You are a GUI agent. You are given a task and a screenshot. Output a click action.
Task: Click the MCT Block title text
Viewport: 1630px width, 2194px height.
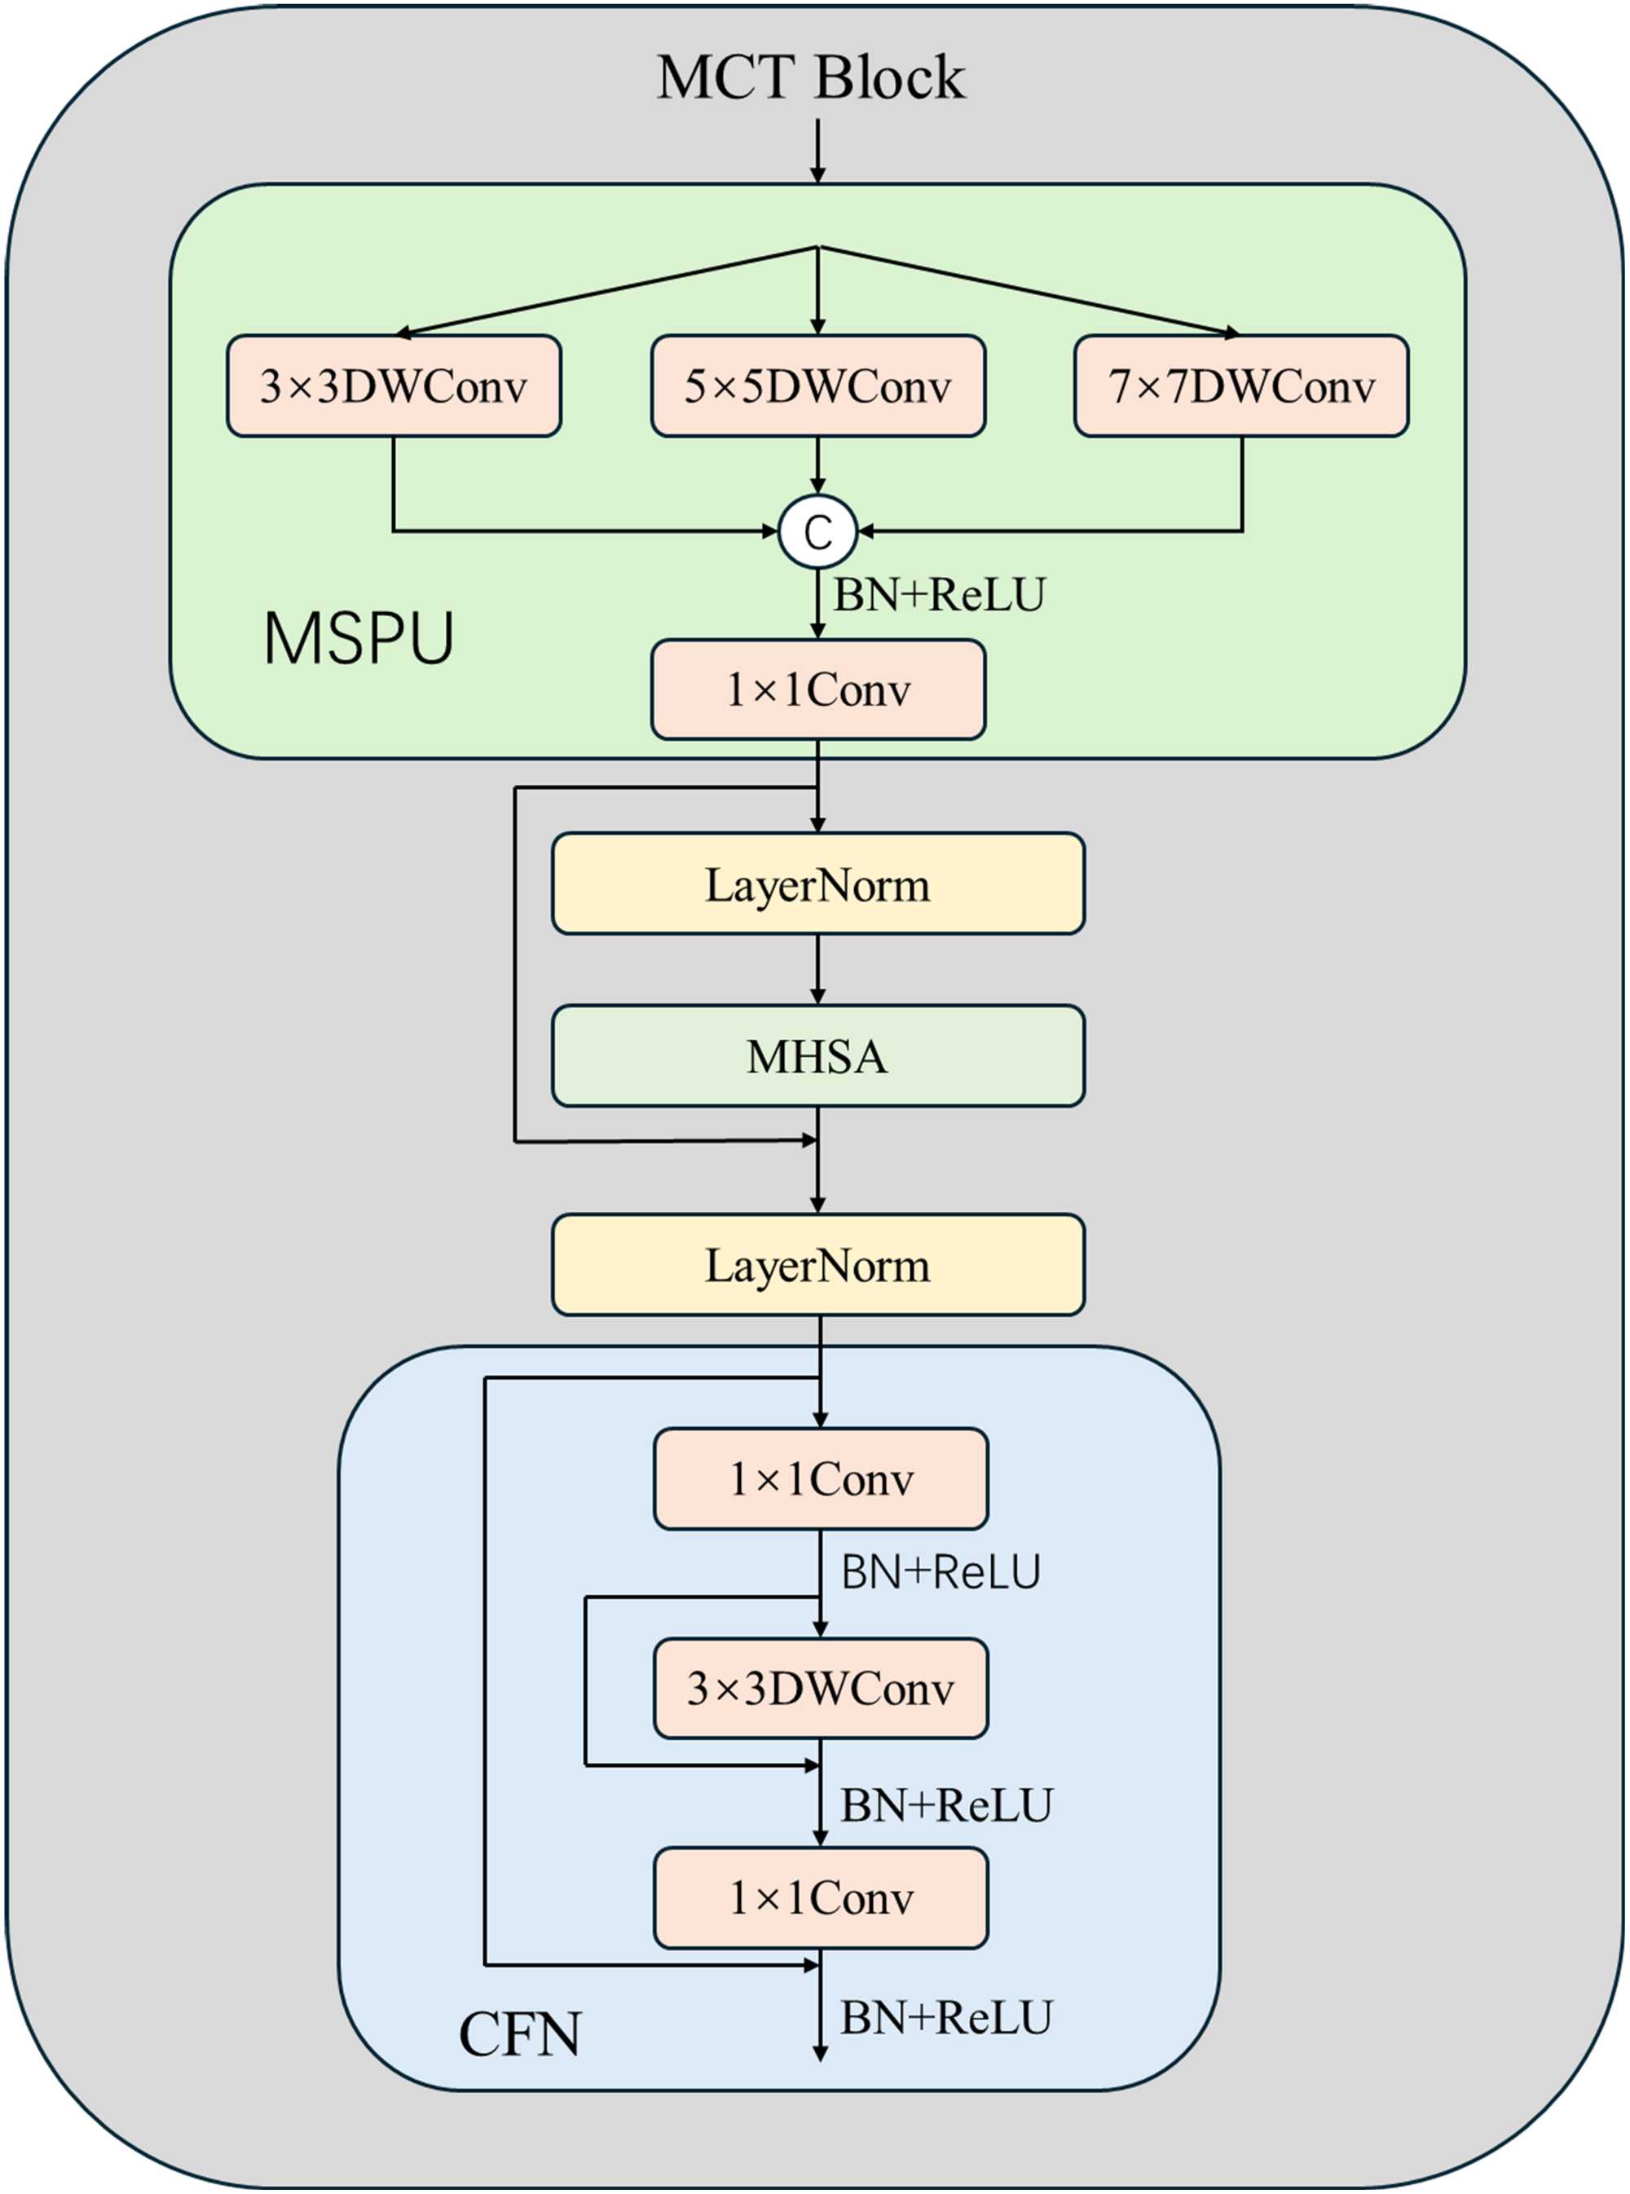(x=811, y=77)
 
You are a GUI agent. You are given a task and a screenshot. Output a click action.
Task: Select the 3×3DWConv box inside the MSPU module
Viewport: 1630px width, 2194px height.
(x=394, y=385)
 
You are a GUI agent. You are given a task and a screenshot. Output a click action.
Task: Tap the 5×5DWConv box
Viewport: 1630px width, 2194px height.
(x=818, y=385)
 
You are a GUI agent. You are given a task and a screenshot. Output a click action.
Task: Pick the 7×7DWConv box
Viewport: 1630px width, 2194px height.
(x=1241, y=385)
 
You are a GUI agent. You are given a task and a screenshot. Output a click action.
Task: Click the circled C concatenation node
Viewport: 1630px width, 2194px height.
(x=818, y=531)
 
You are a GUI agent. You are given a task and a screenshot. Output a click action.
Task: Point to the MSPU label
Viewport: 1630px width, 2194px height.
(x=359, y=638)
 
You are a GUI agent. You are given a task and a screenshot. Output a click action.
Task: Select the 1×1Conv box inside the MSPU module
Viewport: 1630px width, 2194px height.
(x=818, y=689)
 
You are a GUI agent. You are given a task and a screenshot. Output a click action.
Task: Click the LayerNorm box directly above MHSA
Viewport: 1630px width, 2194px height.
(x=818, y=884)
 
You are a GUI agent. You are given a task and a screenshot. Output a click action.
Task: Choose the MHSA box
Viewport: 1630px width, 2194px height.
(x=818, y=1055)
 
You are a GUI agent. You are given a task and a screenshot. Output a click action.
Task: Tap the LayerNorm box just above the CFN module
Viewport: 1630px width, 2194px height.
(x=818, y=1265)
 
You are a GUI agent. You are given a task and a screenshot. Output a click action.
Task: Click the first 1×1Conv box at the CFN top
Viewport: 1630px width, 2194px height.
(x=821, y=1478)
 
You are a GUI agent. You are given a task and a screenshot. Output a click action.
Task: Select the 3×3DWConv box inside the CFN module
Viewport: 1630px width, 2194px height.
(x=821, y=1688)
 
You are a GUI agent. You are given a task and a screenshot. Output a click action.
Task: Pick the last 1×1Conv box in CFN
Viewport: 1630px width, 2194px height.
(x=821, y=1897)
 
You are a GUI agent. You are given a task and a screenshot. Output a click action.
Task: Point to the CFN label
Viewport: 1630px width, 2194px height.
(x=520, y=2034)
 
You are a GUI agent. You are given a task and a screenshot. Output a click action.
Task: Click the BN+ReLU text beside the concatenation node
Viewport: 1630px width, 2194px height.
(x=940, y=595)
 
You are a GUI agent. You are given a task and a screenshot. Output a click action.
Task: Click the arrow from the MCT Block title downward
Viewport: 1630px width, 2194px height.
(x=817, y=151)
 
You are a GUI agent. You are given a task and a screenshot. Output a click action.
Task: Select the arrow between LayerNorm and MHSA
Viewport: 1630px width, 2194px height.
(x=817, y=969)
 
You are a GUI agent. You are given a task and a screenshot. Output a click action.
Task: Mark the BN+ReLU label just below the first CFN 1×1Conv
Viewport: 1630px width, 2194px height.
(x=941, y=1571)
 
